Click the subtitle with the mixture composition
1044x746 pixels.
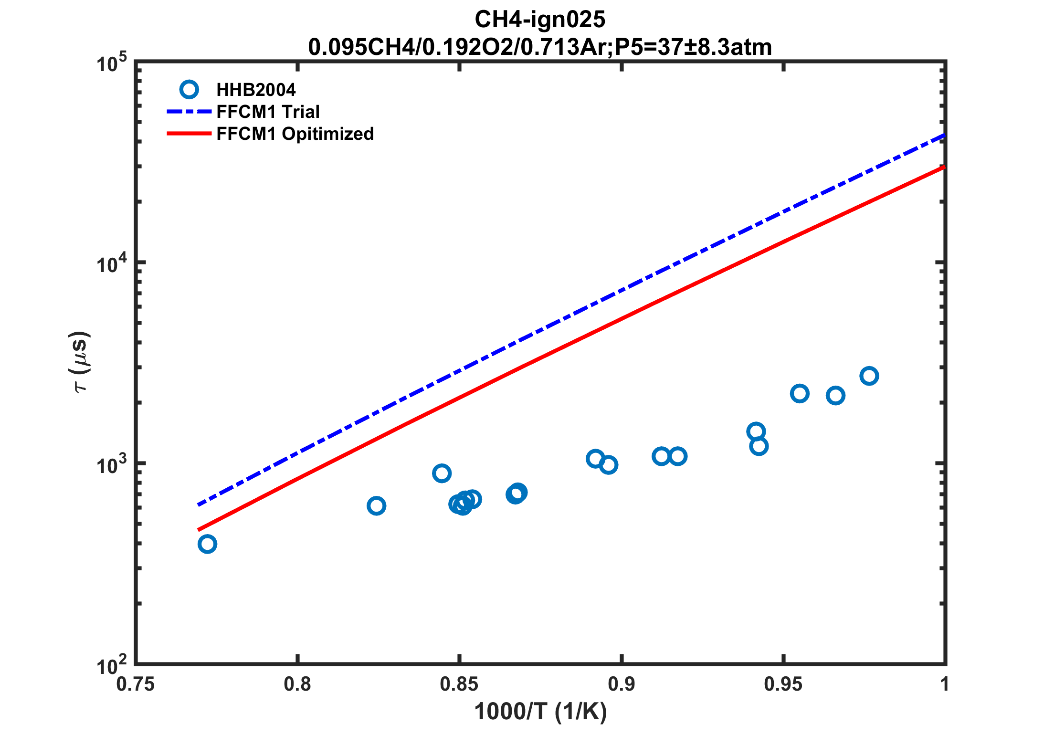[539, 47]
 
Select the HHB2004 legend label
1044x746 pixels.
[256, 90]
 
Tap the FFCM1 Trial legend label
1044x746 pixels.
[268, 112]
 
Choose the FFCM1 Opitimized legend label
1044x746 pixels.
[295, 134]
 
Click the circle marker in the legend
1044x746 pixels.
[189, 89]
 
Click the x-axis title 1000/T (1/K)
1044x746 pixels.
[540, 712]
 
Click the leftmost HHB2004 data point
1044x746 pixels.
[207, 544]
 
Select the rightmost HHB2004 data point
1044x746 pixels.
[869, 376]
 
